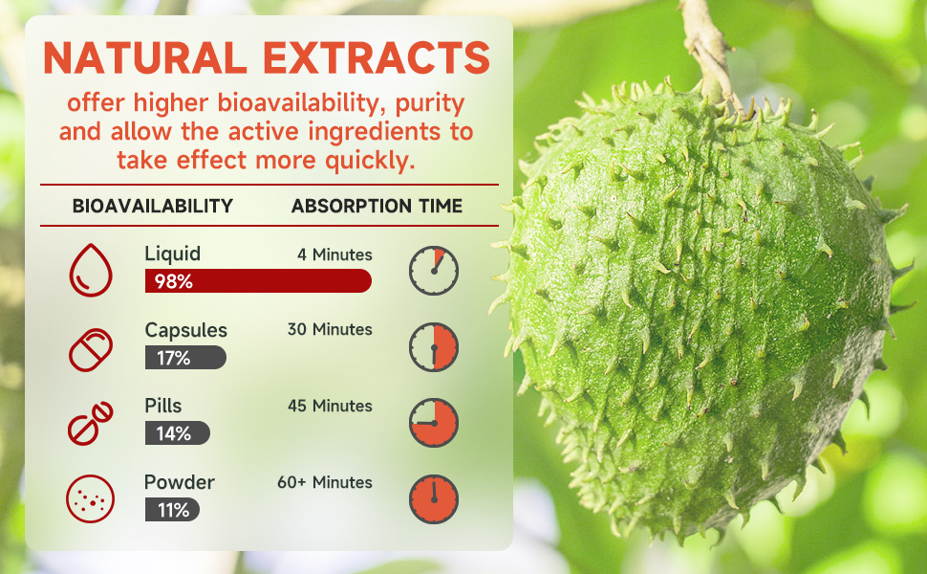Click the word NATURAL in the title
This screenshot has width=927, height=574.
pos(145,57)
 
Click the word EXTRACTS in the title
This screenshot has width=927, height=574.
pos(377,57)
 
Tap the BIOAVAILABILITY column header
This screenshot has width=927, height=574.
pos(153,206)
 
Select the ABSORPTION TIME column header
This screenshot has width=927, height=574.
pos(377,206)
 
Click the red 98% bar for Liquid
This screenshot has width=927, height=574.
pos(258,281)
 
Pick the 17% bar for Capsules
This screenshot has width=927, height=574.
pos(185,358)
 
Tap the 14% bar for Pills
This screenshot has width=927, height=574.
pos(178,433)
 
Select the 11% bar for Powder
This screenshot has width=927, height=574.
pos(172,510)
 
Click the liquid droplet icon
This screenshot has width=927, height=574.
pos(91,270)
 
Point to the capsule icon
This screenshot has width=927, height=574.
pos(91,350)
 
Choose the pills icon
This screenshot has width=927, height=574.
pos(90,424)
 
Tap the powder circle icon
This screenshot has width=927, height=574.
pos(90,498)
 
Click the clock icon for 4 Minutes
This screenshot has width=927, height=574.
pos(434,271)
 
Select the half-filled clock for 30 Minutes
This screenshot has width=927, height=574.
pos(434,347)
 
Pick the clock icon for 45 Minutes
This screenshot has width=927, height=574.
pos(434,423)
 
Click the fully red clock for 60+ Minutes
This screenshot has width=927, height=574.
pos(434,498)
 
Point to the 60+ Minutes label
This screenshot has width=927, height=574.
pos(325,482)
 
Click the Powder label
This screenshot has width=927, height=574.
pos(179,482)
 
